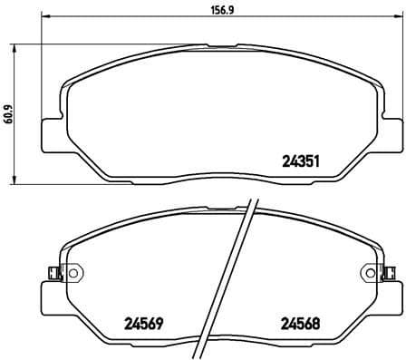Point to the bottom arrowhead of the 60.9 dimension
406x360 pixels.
coord(21,182)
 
